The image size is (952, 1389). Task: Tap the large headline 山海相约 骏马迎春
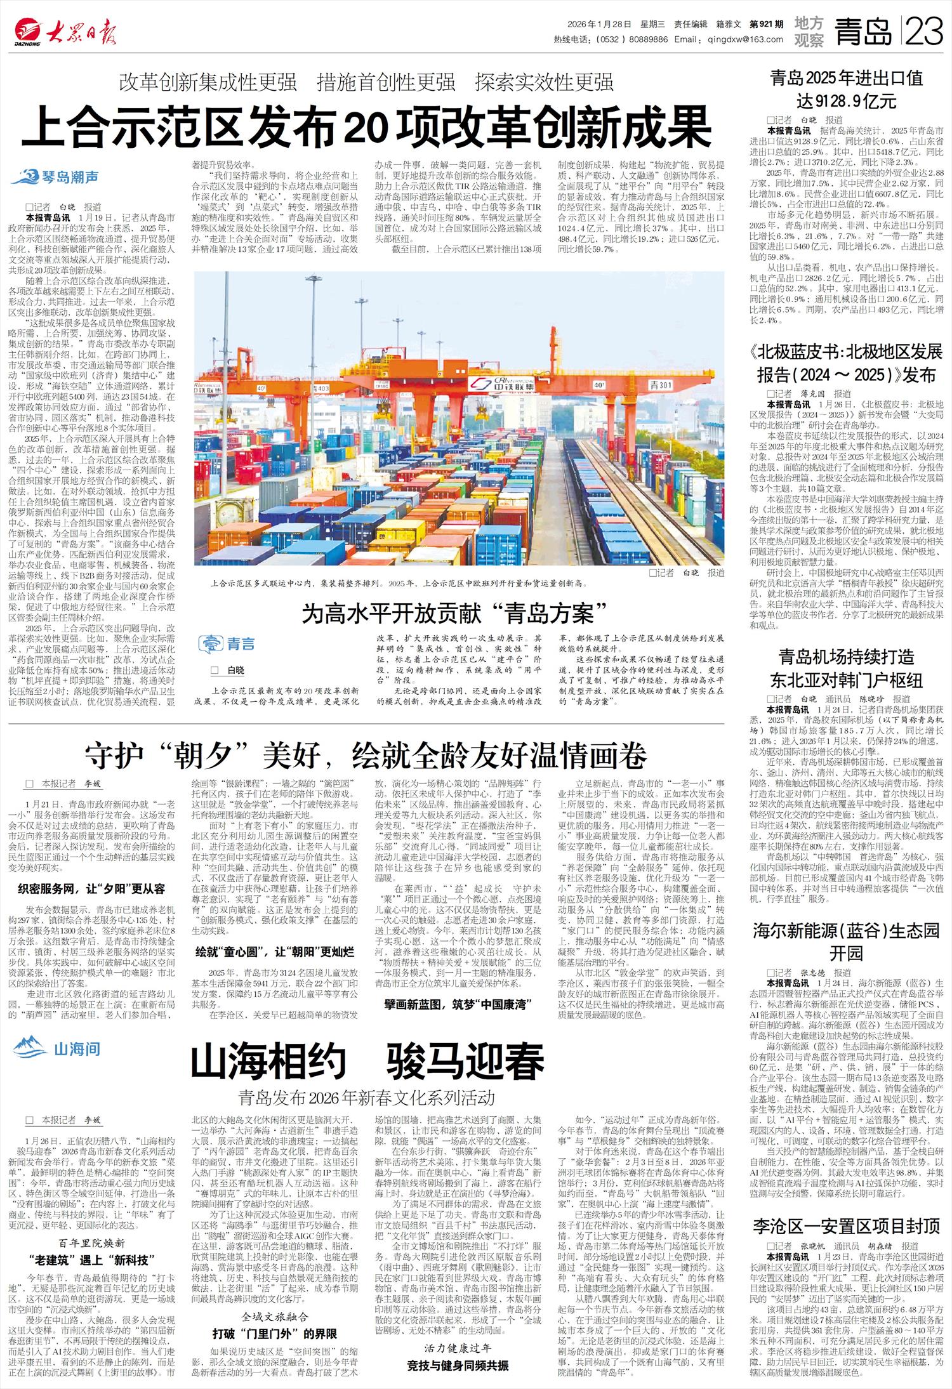pyautogui.click(x=367, y=1061)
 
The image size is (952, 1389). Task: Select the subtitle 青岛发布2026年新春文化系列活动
pyautogui.click(x=366, y=1097)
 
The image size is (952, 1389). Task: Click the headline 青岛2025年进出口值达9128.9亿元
pyautogui.click(x=847, y=89)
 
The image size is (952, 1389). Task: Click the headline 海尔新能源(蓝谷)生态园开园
pyautogui.click(x=847, y=942)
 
